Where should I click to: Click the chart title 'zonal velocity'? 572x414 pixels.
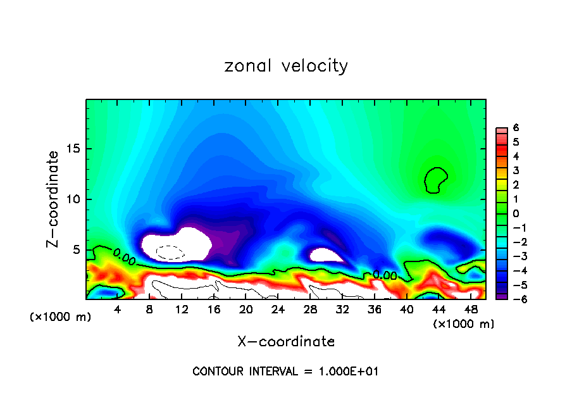pyautogui.click(x=286, y=66)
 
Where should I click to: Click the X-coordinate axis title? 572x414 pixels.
pyautogui.click(x=286, y=342)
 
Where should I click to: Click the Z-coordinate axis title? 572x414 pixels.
pyautogui.click(x=55, y=199)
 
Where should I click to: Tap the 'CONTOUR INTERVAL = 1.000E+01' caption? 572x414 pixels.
pyautogui.click(x=285, y=372)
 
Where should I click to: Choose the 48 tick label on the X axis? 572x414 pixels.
pyautogui.click(x=470, y=310)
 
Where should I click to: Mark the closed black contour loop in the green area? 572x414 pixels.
pyautogui.click(x=435, y=180)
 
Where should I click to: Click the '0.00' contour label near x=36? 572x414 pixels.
pyautogui.click(x=384, y=275)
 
